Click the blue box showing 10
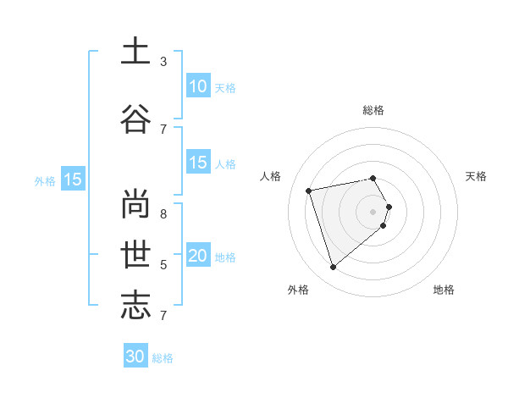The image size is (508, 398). pyautogui.click(x=198, y=86)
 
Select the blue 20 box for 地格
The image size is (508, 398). pyautogui.click(x=198, y=257)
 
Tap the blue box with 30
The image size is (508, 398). pyautogui.click(x=135, y=357)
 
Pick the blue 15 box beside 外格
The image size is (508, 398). pyautogui.click(x=72, y=180)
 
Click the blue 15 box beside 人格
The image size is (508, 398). pyautogui.click(x=198, y=163)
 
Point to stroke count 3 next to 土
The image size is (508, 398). pyautogui.click(x=163, y=62)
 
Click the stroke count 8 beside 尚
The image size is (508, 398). pyautogui.click(x=163, y=203)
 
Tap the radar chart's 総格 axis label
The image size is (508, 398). pyautogui.click(x=373, y=110)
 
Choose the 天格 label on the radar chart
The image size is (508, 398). pyautogui.click(x=476, y=176)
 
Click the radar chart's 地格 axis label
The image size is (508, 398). pyautogui.click(x=444, y=290)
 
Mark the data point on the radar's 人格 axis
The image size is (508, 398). pyautogui.click(x=309, y=190)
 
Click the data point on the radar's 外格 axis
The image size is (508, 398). pyautogui.click(x=333, y=268)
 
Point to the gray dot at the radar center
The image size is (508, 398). pyautogui.click(x=373, y=211)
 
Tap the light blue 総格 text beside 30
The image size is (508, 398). pyautogui.click(x=163, y=358)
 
